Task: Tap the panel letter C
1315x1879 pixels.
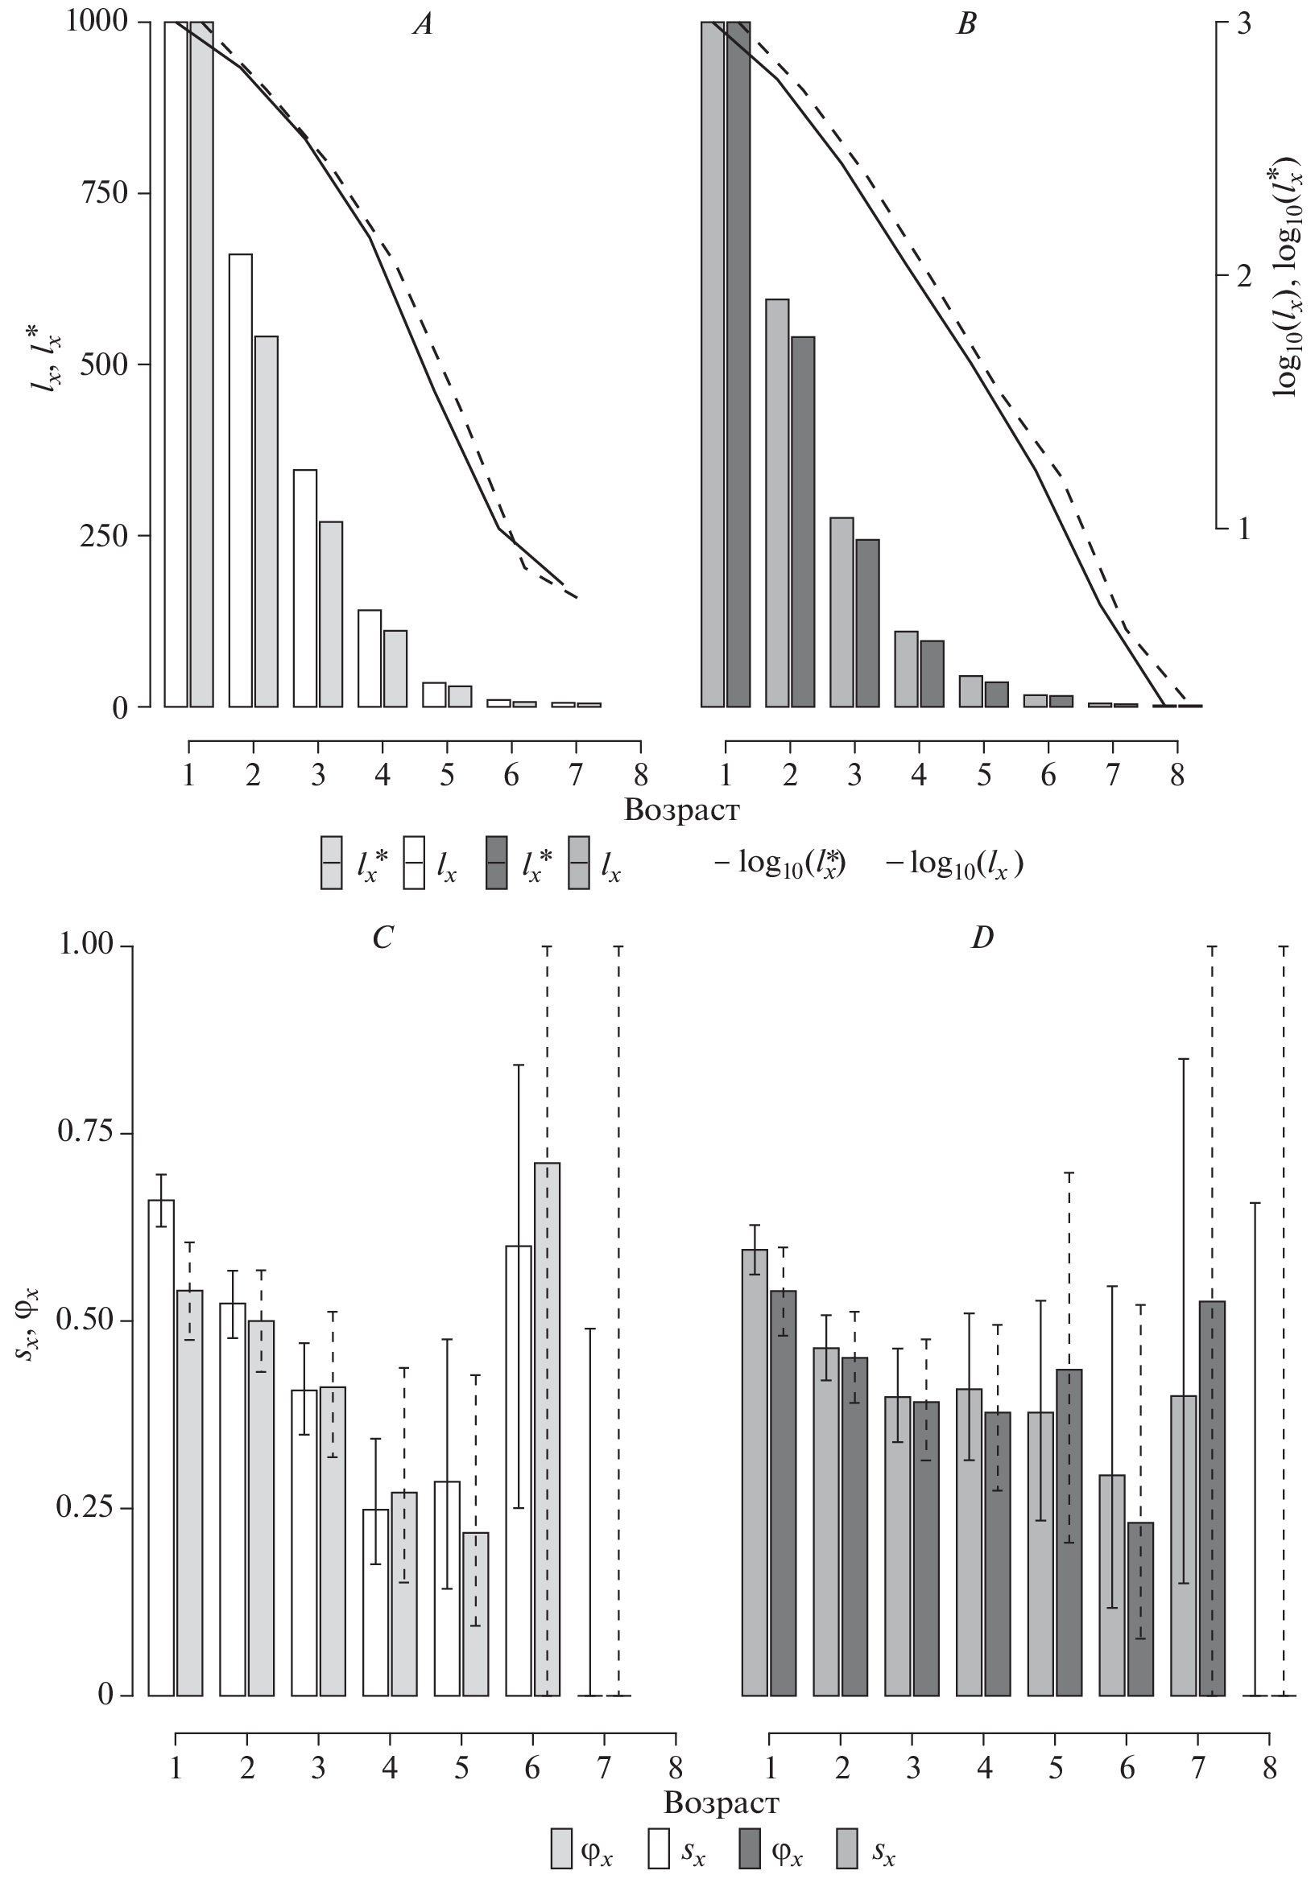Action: pos(383,937)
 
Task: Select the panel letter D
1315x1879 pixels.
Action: pos(982,937)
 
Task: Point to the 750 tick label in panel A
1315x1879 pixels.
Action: pos(103,193)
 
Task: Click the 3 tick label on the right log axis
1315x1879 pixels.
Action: pos(1244,23)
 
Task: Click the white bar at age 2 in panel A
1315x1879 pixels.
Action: pos(241,480)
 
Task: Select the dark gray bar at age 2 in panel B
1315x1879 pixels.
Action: pos(803,521)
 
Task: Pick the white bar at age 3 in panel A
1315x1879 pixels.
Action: pos(304,587)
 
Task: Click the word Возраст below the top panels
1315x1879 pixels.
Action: pos(681,811)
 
